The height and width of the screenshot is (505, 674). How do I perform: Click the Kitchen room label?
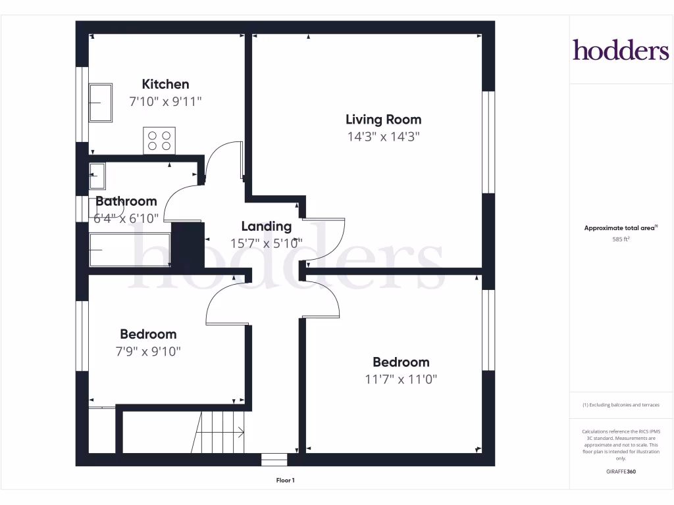[x=165, y=84]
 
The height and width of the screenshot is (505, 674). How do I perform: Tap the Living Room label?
[x=383, y=120]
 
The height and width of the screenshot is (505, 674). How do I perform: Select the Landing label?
[x=266, y=227]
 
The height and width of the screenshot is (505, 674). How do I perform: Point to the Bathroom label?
[x=126, y=201]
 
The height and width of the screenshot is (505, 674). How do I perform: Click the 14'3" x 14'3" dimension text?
[x=383, y=137]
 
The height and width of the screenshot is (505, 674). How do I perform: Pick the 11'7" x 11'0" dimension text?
[x=401, y=379]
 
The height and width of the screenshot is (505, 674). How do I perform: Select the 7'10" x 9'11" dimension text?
[x=165, y=101]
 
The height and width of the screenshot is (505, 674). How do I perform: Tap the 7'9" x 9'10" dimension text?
[x=147, y=351]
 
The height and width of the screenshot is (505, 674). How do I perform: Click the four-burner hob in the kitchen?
[x=159, y=140]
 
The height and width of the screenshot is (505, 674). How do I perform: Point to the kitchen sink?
[x=101, y=103]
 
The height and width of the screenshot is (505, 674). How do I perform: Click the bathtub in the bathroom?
[x=130, y=251]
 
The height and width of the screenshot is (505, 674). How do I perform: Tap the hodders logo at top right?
[x=620, y=50]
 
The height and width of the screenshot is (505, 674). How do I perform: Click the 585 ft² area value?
[x=621, y=239]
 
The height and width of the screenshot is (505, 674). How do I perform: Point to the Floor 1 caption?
[x=285, y=481]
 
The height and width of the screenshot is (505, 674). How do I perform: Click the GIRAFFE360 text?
[x=621, y=471]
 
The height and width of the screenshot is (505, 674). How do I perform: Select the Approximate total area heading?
[x=621, y=228]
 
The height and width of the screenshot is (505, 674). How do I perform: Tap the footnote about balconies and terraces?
[x=621, y=405]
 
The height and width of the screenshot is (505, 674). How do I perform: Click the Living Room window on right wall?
[x=488, y=142]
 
